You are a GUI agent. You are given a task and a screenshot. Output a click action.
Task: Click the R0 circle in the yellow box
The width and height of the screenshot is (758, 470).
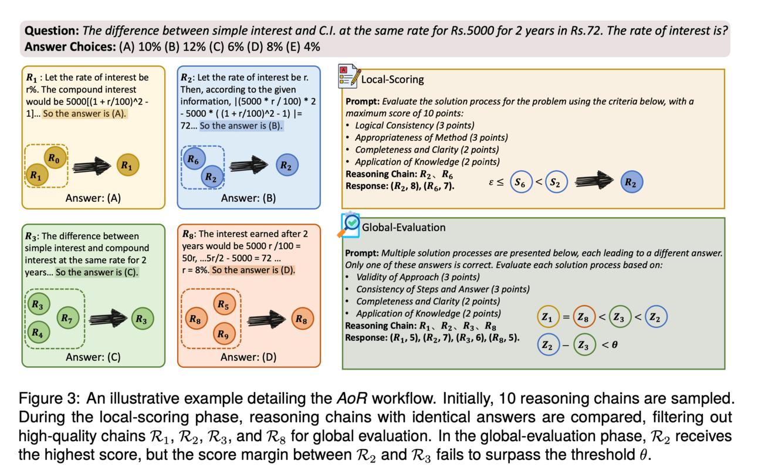click(x=54, y=158)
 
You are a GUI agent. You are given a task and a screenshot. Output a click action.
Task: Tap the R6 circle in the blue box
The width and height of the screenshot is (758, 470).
click(x=194, y=158)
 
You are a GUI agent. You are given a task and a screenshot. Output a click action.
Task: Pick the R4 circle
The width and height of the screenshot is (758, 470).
click(x=38, y=332)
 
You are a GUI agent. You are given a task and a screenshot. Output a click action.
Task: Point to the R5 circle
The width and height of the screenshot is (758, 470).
click(x=222, y=305)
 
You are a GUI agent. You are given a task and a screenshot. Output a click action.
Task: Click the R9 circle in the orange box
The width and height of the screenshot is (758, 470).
click(x=222, y=333)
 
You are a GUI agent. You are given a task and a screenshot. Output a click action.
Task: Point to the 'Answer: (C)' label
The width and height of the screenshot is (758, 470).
click(x=89, y=356)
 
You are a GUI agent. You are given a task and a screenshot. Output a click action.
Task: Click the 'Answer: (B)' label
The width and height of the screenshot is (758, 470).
click(x=249, y=198)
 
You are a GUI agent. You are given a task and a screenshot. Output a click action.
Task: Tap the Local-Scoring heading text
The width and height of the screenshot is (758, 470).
click(x=392, y=79)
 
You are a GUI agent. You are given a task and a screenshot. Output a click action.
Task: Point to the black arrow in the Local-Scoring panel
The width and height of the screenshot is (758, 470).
click(x=593, y=182)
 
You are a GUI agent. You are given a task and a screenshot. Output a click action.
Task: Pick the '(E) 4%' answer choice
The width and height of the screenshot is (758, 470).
click(x=304, y=46)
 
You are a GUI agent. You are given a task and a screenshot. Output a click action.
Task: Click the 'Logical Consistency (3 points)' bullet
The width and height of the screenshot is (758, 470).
click(x=406, y=125)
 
